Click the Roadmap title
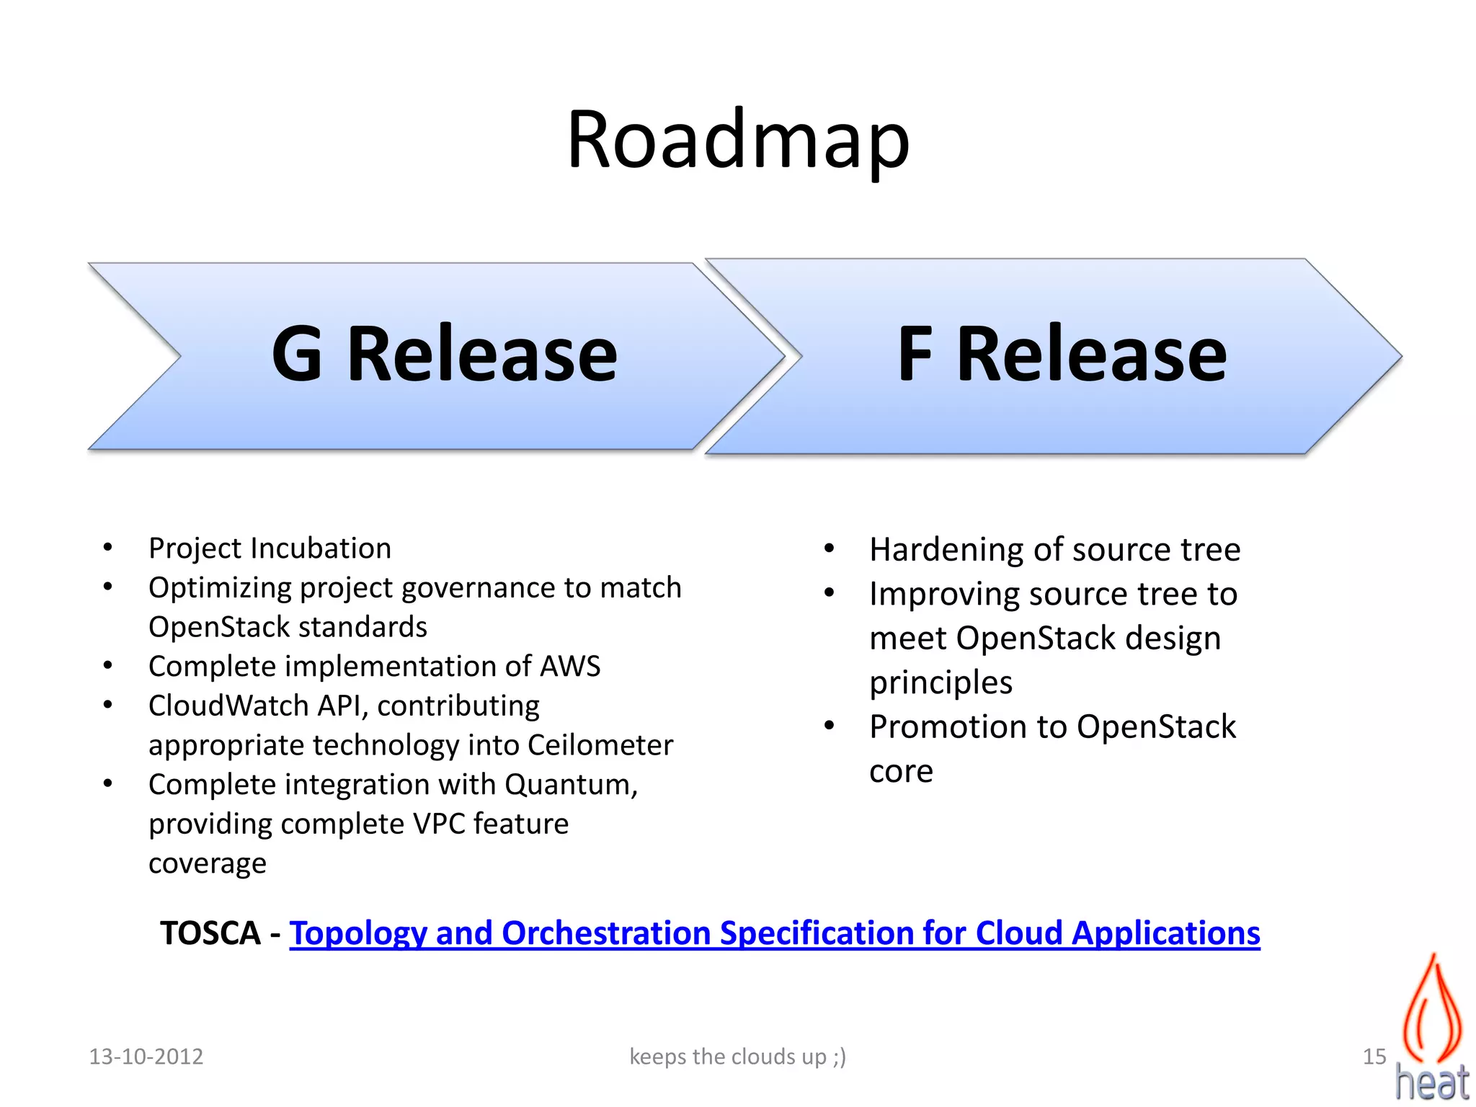(738, 141)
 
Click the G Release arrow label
(444, 354)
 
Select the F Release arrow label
(1061, 354)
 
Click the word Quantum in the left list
(570, 785)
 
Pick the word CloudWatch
(228, 706)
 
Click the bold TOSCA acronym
(210, 934)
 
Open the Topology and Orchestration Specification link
(774, 934)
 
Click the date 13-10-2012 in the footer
(146, 1057)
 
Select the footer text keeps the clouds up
(737, 1057)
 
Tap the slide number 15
(1374, 1057)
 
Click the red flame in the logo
(1432, 1009)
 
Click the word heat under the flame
(1431, 1082)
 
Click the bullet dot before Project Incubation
(107, 548)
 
